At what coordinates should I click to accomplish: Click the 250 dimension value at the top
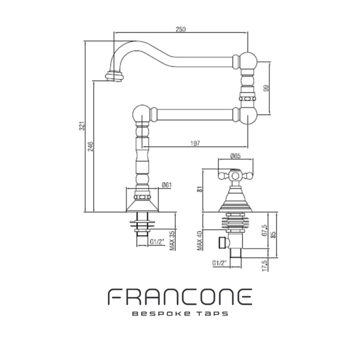[x=181, y=29]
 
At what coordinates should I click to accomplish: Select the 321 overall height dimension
[x=82, y=126]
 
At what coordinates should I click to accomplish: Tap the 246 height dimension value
[x=91, y=146]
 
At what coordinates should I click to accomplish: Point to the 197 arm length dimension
[x=195, y=143]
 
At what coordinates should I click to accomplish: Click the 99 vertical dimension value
[x=266, y=88]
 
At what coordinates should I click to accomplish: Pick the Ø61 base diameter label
[x=167, y=185]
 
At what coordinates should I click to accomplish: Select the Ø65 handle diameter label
[x=235, y=156]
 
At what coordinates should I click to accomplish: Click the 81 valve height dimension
[x=200, y=189]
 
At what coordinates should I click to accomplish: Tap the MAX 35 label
[x=172, y=241]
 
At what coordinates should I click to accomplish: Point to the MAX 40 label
[x=200, y=241]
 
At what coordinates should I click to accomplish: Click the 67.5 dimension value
[x=265, y=230]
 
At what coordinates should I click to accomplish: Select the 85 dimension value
[x=273, y=235]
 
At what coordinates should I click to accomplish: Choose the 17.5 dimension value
[x=265, y=265]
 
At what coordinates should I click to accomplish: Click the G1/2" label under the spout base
[x=157, y=242]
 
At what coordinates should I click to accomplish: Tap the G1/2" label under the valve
[x=220, y=263]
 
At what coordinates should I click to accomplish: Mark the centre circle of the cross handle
[x=235, y=176]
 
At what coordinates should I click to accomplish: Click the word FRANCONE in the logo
[x=180, y=296]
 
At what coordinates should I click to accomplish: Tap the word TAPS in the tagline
[x=213, y=314]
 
